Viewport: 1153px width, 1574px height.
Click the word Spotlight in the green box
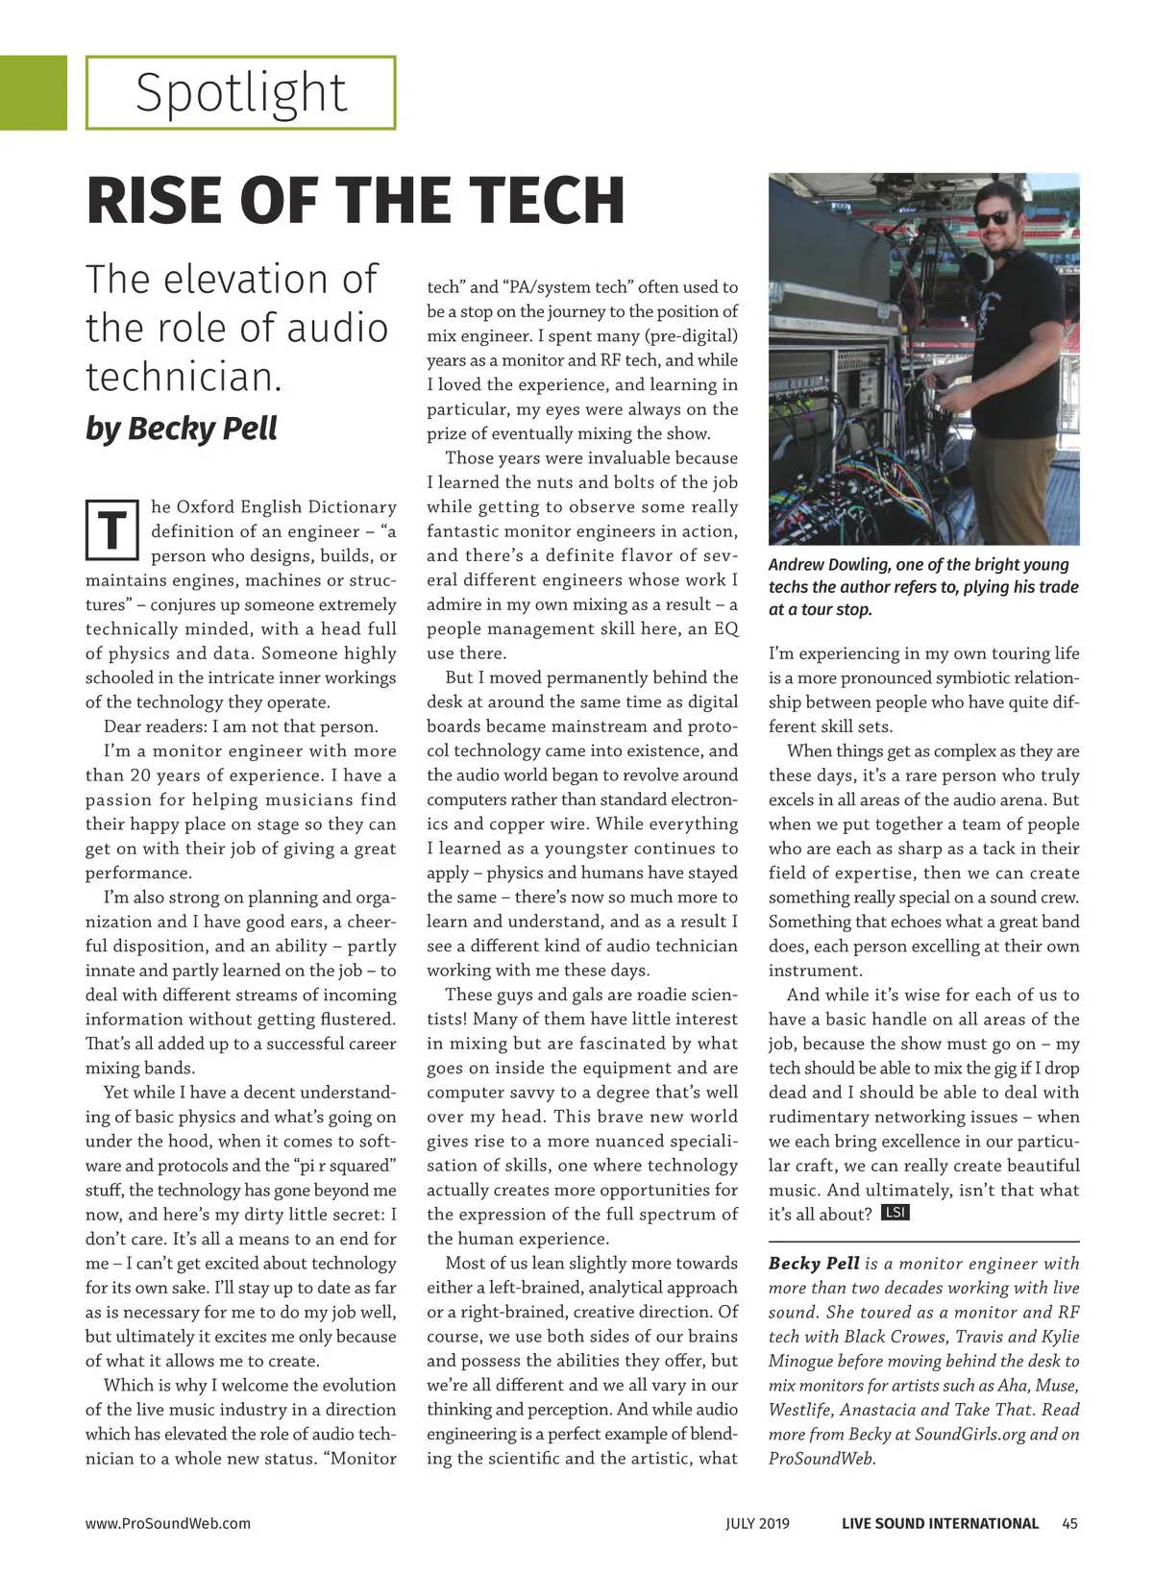click(240, 93)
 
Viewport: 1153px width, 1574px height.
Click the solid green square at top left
click(33, 92)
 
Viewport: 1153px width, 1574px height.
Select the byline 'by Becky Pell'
click(182, 428)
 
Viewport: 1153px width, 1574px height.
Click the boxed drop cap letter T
click(112, 529)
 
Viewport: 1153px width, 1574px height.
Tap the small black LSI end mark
click(895, 1213)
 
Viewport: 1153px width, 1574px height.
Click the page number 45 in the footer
click(1070, 1523)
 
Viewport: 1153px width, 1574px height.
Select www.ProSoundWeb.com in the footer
click(168, 1523)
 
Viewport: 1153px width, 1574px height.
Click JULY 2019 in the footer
click(757, 1523)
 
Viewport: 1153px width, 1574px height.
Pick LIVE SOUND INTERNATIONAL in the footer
click(940, 1523)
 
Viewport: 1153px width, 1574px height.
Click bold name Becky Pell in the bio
click(814, 1264)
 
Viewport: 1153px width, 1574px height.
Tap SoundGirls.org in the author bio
click(968, 1434)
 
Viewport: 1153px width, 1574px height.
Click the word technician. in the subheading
click(184, 377)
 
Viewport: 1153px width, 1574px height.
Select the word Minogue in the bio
click(804, 1361)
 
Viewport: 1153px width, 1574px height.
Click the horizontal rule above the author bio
click(923, 1242)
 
